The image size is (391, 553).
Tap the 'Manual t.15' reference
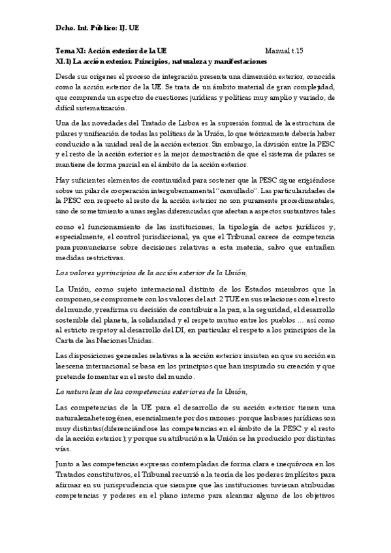pyautogui.click(x=285, y=50)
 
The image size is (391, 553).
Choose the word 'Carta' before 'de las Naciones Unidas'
pyautogui.click(x=68, y=340)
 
